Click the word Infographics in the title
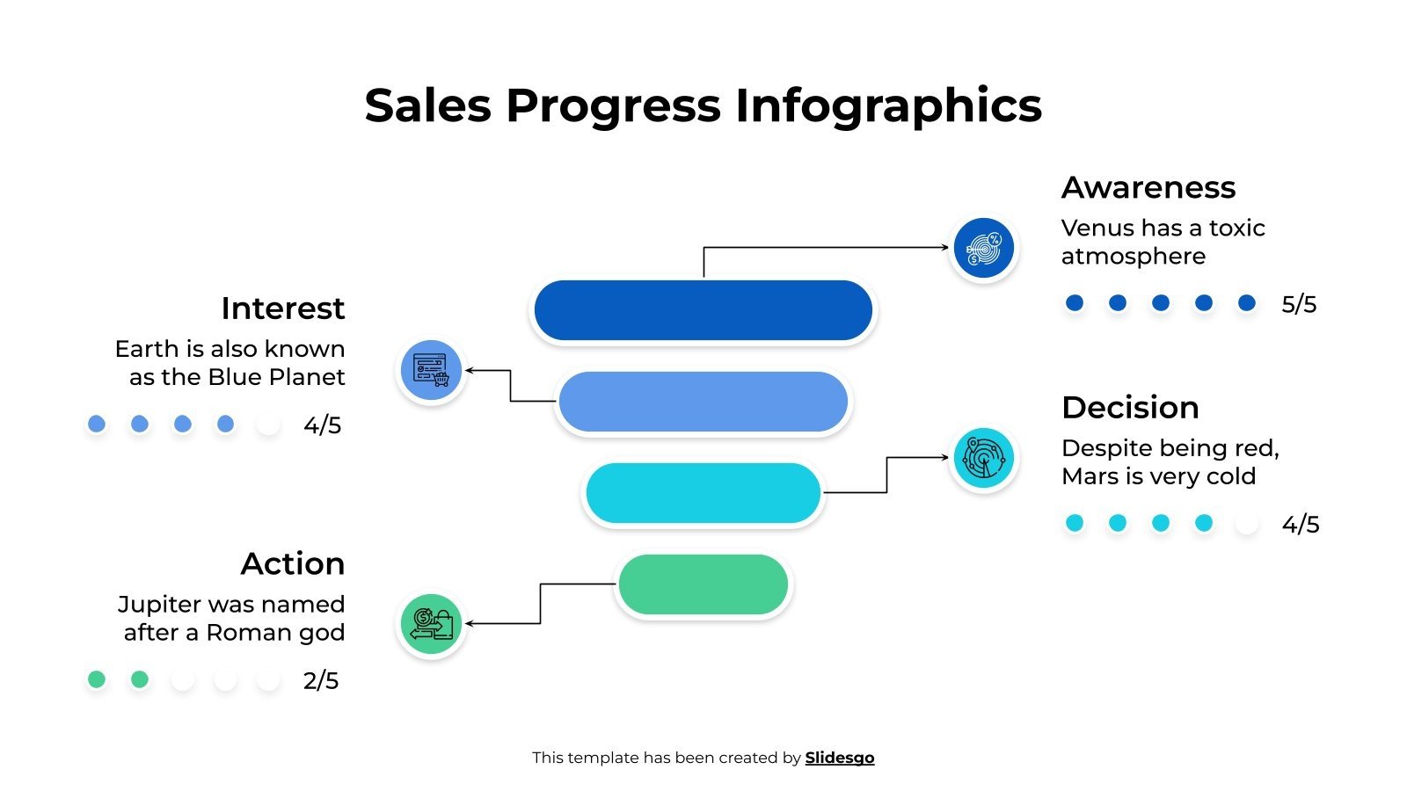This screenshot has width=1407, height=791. point(888,105)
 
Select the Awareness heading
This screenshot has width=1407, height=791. point(1148,187)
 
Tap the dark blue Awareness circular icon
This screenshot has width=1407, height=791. point(983,249)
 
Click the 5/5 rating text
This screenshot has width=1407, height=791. point(1299,304)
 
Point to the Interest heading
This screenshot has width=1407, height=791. point(282,308)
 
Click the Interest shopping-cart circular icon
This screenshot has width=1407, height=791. point(431,370)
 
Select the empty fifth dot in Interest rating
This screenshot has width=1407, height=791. point(268,425)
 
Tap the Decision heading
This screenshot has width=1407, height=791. point(1130,408)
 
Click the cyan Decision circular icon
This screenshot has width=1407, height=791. point(983,458)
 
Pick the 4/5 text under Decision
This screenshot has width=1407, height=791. point(1301,525)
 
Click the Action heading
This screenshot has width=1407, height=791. point(292,563)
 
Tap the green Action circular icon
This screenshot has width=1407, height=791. point(431,624)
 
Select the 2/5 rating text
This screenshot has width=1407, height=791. point(321,681)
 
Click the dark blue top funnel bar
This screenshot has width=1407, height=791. point(703,310)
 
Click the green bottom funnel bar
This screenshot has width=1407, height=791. point(703,584)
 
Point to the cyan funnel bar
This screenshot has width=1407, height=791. point(703,493)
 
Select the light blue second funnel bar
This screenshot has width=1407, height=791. point(703,402)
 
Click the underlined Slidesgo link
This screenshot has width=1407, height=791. point(839,758)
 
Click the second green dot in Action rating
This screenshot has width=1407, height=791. point(140,679)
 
